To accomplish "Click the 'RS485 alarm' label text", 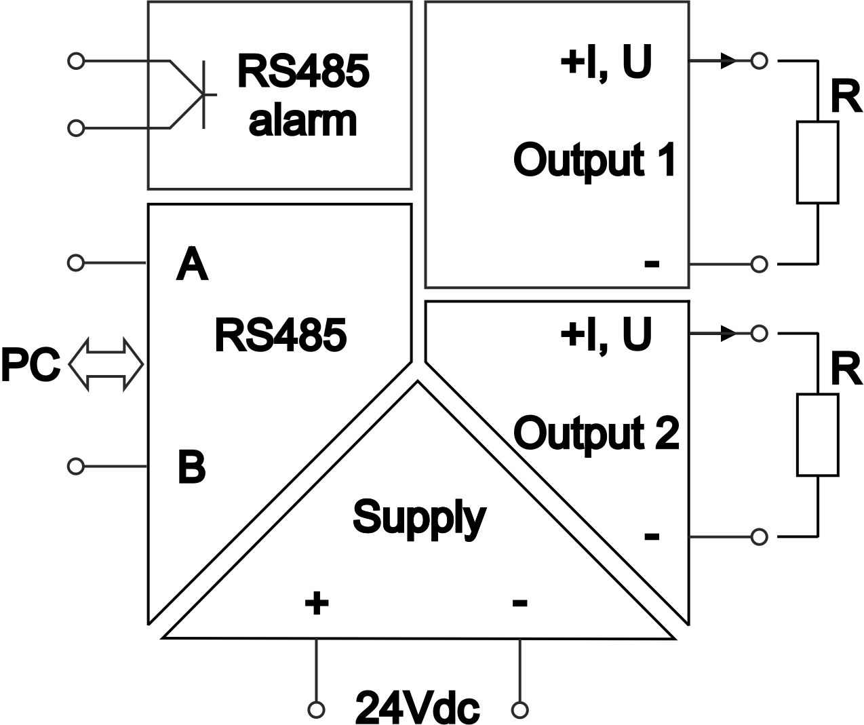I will tap(303, 95).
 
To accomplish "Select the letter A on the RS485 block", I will tap(192, 264).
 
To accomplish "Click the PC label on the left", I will tap(31, 364).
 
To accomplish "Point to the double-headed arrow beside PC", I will tap(106, 365).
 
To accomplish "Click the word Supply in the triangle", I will tap(419, 518).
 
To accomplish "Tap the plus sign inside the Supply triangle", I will tap(316, 602).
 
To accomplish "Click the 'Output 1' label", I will tap(595, 160).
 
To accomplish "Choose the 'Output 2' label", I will tap(596, 433).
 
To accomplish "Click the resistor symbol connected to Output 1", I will tap(817, 163).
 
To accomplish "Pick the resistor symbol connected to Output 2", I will tap(817, 435).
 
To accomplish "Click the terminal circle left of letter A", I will tap(77, 262).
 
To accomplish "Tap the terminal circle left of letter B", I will tap(77, 466).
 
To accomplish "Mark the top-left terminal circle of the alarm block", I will tap(77, 61).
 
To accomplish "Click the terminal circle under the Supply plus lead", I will tap(316, 709).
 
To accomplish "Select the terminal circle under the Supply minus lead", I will tap(520, 709).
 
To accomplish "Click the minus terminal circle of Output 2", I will tap(760, 536).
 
